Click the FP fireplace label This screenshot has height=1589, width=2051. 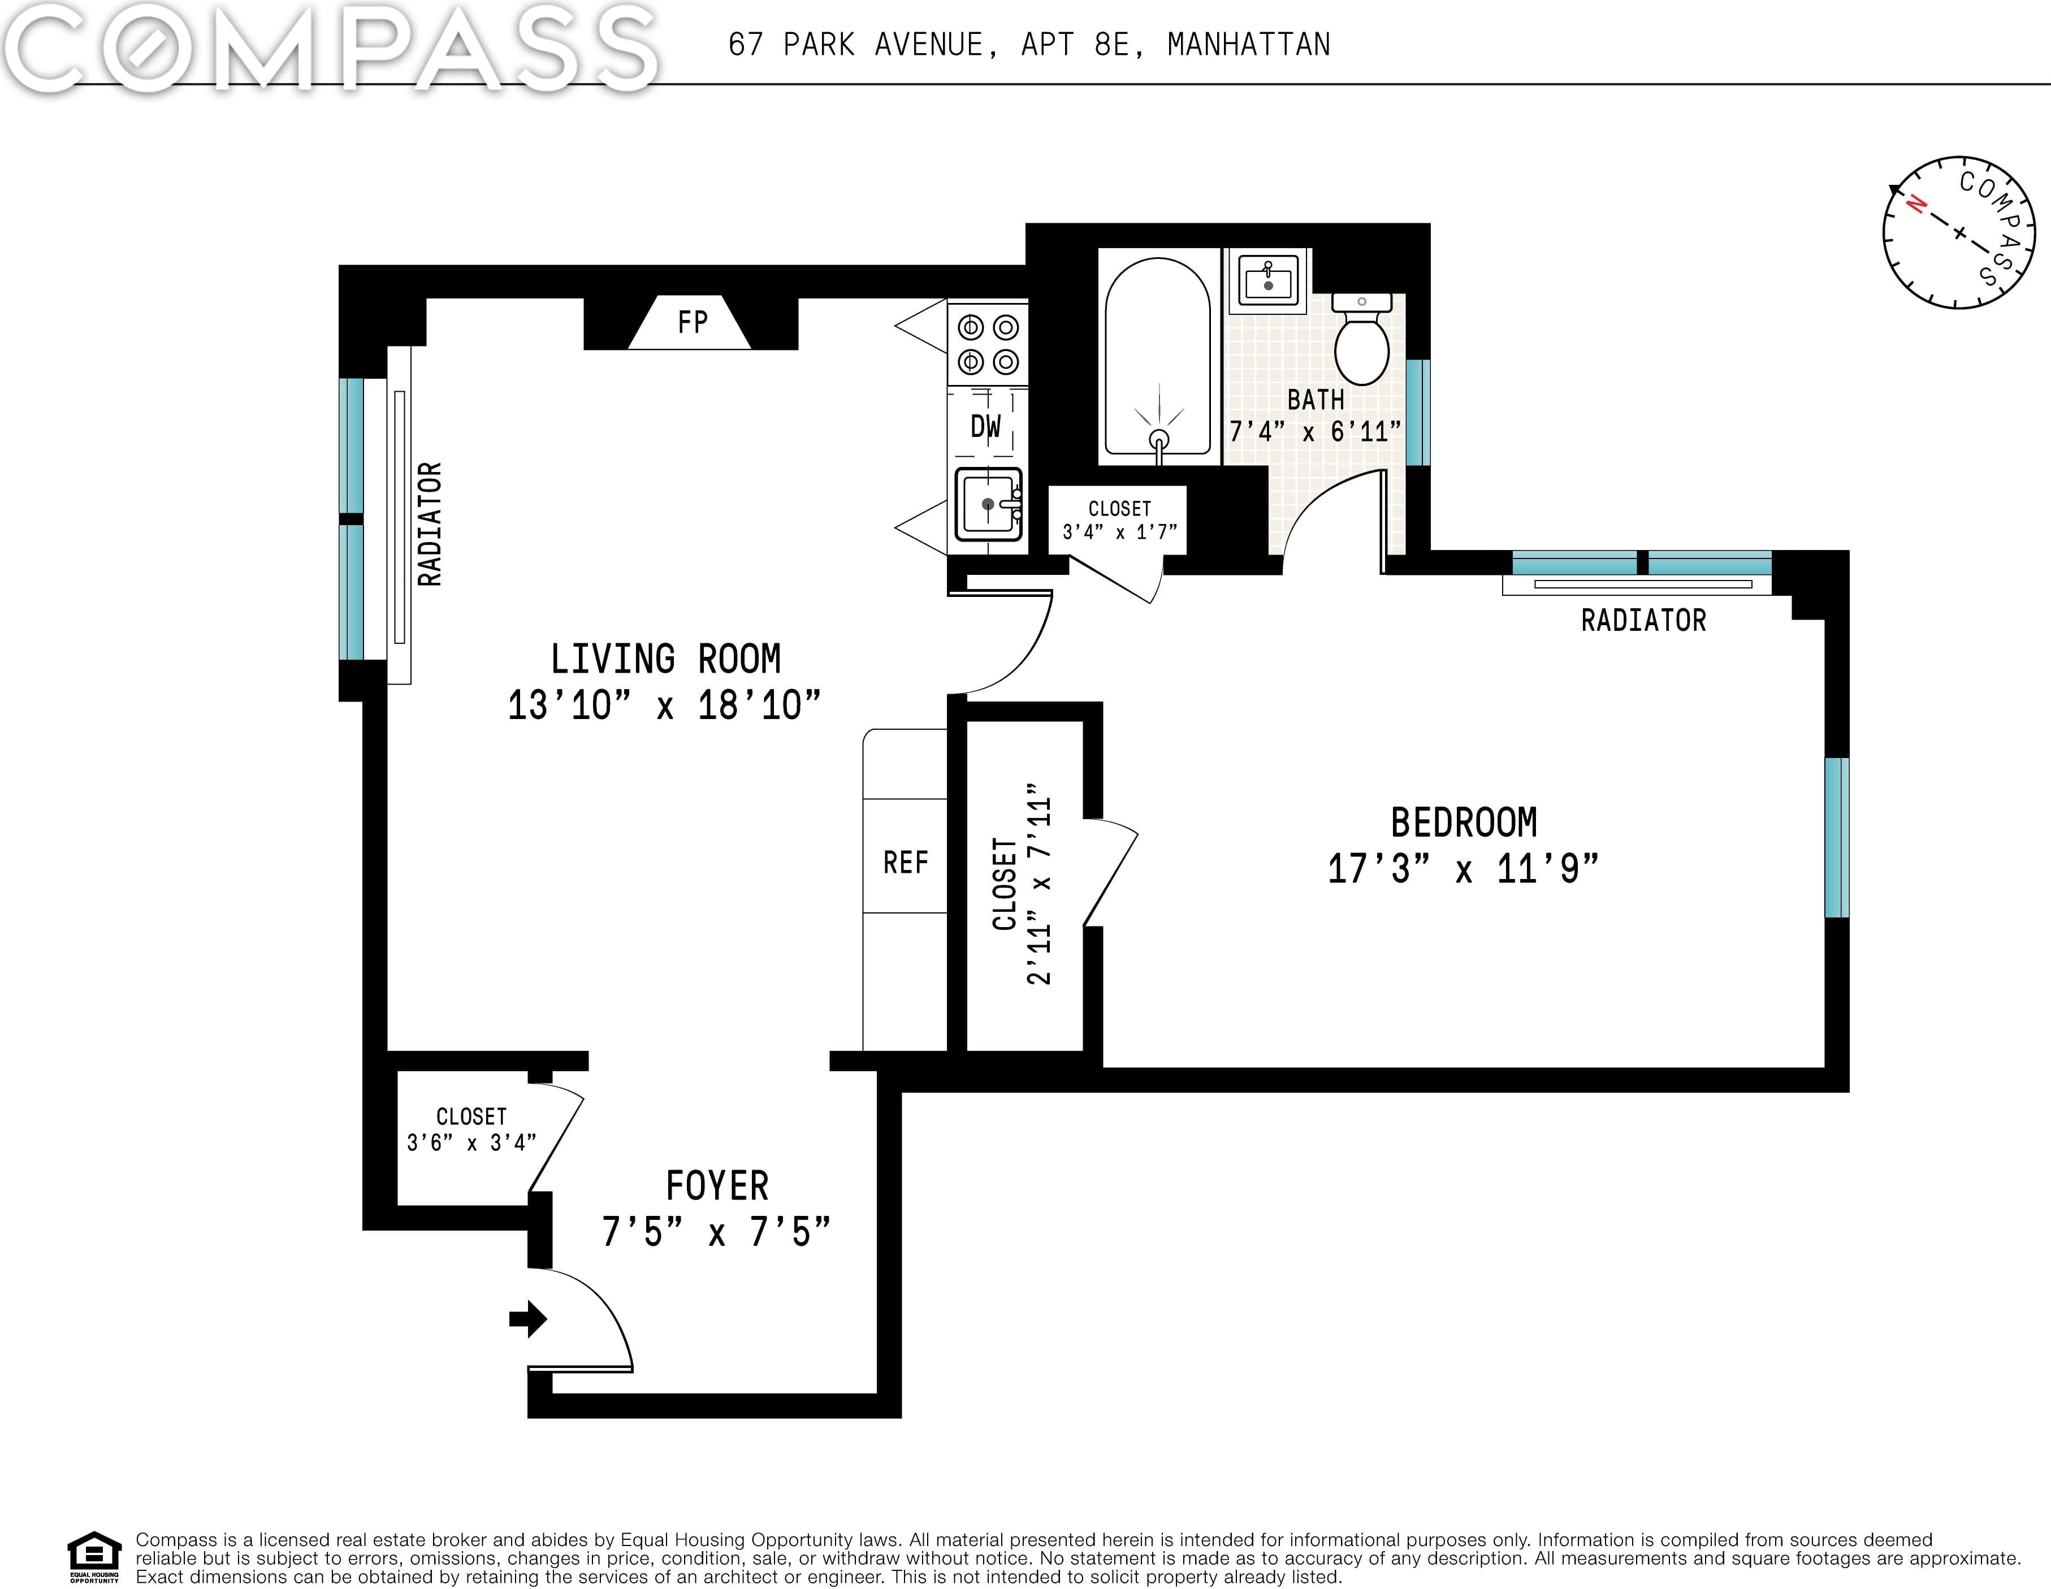692,322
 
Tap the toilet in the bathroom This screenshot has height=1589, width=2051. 1362,338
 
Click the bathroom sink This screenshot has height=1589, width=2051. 1269,278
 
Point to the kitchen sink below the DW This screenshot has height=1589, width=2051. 989,504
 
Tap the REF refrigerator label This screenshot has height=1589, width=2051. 905,862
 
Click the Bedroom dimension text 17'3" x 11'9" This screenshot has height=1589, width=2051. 1462,869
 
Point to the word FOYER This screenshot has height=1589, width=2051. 717,1186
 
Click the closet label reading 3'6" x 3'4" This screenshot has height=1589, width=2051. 471,1142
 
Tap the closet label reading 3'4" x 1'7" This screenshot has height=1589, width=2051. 1119,531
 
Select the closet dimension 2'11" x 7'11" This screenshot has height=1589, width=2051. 1039,884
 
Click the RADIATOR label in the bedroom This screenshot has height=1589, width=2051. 1643,620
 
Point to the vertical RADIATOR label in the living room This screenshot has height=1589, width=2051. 429,524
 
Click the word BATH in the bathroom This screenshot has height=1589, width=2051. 1315,400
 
